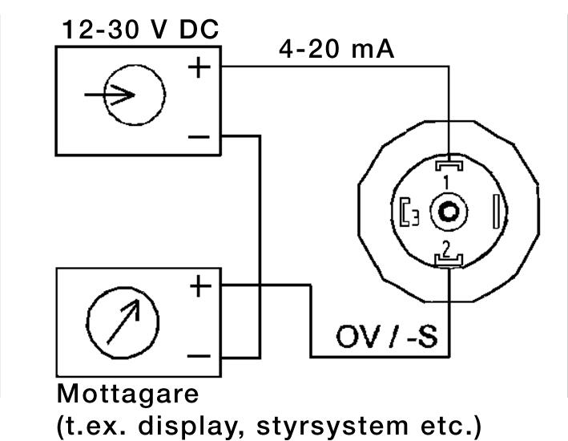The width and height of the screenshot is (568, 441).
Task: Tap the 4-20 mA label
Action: coord(336,51)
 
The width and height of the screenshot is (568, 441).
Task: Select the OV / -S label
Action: coord(387,338)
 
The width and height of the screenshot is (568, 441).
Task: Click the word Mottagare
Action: coord(127,395)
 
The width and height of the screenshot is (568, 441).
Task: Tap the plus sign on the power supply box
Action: coord(199,67)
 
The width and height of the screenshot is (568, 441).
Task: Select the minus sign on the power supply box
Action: coord(199,136)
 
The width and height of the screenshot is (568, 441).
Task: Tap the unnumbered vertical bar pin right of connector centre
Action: coord(499,212)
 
